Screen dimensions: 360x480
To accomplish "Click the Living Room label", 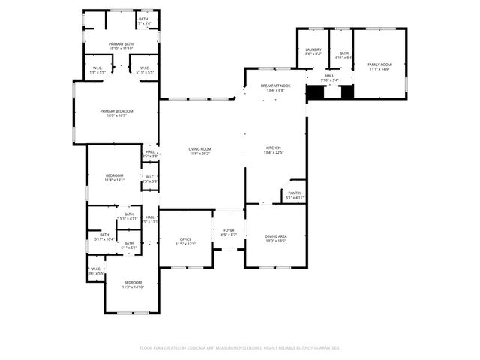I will pos(199,151).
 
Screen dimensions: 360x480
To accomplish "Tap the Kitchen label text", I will pos(274,151).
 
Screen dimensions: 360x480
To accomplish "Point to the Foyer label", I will pos(228,232).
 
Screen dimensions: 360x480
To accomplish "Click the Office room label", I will pos(185,241).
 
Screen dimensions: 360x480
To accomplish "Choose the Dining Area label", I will pos(276,238).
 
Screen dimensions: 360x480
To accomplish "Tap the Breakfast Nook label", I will pos(275,88).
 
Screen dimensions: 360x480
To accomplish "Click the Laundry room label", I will pos(313,52).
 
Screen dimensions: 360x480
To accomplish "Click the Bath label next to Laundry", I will pos(343,53).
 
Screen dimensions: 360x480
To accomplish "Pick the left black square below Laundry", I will pos(316,92).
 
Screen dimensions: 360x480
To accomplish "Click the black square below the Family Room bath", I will pos(347,92).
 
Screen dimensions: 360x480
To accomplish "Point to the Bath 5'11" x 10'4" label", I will pos(103,236).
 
